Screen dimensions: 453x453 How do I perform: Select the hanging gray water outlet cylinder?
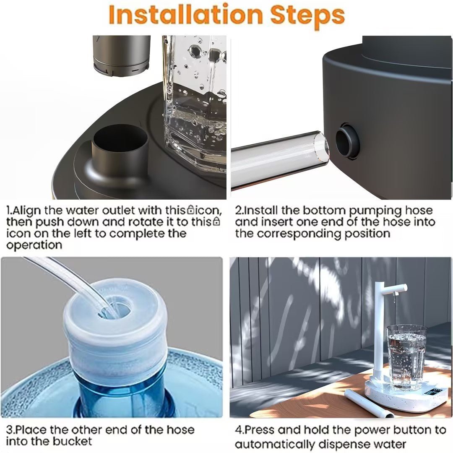point(122,54)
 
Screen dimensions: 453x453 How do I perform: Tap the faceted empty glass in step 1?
point(195,101)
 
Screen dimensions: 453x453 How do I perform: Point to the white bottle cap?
point(115,331)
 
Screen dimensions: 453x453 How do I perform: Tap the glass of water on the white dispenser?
point(406,357)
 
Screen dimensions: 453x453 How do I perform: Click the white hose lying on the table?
point(368,404)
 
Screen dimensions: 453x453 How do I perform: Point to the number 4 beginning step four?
point(238,430)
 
